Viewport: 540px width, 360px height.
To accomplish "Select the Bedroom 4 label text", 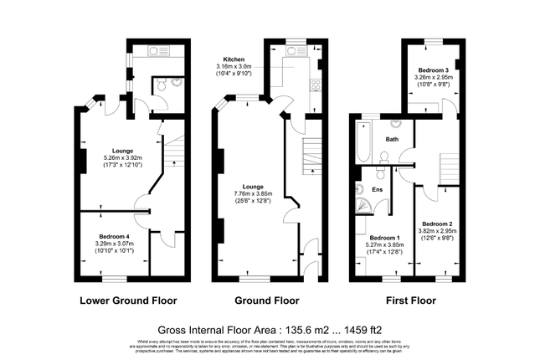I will (x=116, y=236).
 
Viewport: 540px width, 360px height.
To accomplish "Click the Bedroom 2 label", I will (x=437, y=224).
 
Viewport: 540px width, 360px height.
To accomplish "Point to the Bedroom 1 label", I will (x=386, y=238).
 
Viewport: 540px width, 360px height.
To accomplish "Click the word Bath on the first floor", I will (x=391, y=139).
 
